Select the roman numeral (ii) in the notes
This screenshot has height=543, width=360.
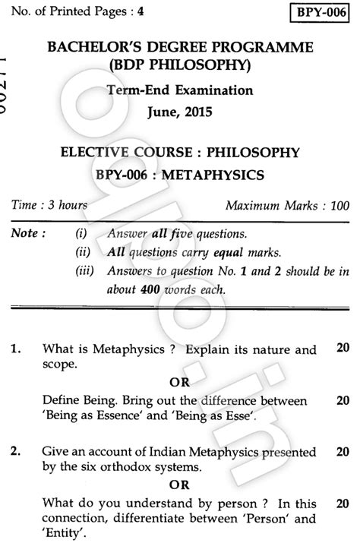[82, 251]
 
